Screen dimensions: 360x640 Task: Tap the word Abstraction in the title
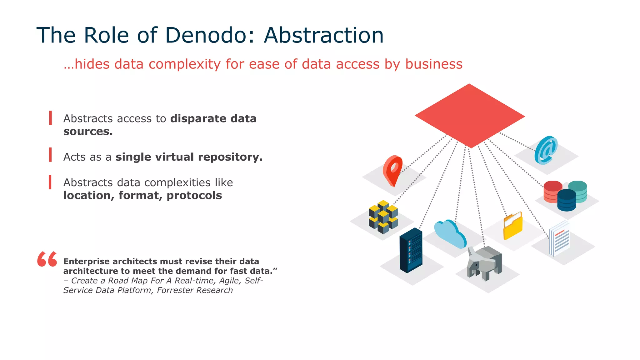click(x=323, y=35)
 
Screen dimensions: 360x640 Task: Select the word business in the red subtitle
click(x=433, y=64)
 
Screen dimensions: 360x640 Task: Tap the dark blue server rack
click(x=411, y=250)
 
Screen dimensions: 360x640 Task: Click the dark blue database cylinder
click(x=566, y=201)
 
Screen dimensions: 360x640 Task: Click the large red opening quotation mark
click(x=47, y=259)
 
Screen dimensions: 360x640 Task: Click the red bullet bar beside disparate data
click(x=50, y=118)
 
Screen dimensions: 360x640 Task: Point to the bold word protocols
click(x=194, y=196)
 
